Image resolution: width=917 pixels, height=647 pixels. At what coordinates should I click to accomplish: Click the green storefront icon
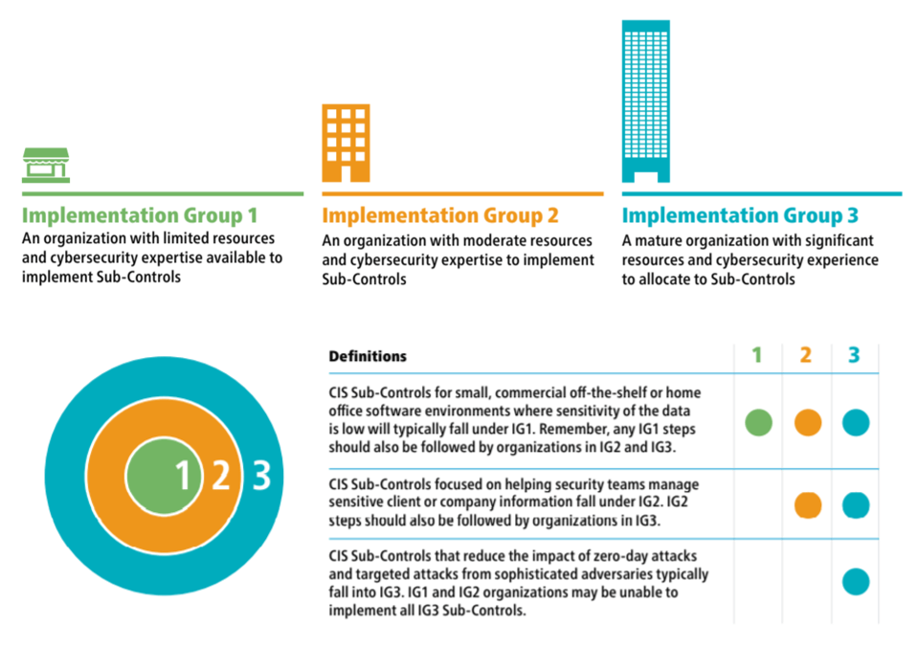(x=46, y=165)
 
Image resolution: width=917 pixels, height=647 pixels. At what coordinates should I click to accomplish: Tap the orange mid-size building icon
(x=346, y=144)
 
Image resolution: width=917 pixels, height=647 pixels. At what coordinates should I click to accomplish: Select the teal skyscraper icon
(x=646, y=101)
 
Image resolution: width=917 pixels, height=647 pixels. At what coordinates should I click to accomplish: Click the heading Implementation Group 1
(x=140, y=215)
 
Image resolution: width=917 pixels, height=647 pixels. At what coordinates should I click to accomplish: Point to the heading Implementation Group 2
(x=440, y=215)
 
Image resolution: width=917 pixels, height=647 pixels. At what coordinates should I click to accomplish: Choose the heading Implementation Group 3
(x=740, y=215)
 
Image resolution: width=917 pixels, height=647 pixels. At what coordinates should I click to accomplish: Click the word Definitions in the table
(x=368, y=356)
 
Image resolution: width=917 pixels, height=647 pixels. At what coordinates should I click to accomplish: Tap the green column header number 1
(x=757, y=355)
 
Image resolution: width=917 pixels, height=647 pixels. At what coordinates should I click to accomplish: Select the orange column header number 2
(x=805, y=355)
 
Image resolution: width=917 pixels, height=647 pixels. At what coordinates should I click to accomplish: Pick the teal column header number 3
(x=854, y=355)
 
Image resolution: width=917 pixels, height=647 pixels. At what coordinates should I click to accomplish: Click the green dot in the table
(x=758, y=422)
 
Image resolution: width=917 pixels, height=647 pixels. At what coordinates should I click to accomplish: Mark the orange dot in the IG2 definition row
(x=808, y=505)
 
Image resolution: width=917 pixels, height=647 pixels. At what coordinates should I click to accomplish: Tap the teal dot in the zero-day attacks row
(x=856, y=582)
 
